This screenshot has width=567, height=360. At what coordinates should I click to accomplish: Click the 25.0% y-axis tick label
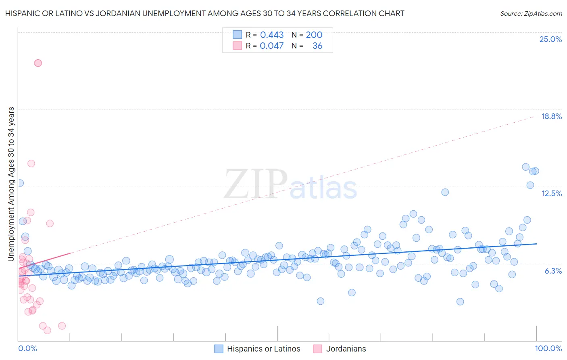point(550,39)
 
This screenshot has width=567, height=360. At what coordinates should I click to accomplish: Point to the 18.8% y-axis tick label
point(551,116)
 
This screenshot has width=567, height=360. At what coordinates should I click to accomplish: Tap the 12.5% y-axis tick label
point(551,193)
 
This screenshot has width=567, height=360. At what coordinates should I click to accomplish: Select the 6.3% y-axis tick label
point(553,271)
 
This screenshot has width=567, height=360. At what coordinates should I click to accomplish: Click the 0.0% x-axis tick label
point(27,348)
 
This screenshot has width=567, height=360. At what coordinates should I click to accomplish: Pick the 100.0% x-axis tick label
point(548,348)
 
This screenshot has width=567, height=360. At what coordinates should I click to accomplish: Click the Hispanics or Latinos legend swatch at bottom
point(219,349)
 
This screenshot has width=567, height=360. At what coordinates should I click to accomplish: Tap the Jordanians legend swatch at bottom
point(317,349)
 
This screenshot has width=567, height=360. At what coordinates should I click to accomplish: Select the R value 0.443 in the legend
point(272,35)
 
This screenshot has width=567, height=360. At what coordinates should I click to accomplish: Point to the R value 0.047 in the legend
point(272,46)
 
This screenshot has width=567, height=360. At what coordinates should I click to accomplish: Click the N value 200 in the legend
point(314,35)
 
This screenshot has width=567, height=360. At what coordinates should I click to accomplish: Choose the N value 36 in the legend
point(317,46)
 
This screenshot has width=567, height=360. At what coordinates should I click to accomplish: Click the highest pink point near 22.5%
point(38,63)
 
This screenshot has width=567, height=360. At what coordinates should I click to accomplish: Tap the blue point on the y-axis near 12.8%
point(19,183)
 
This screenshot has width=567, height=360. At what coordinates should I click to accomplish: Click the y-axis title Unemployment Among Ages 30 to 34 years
point(11,184)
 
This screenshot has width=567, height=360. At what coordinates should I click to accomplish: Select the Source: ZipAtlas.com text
point(531,13)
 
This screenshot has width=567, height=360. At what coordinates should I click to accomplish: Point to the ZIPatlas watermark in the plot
point(290,185)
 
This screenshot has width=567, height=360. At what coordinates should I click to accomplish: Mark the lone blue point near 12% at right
point(445,192)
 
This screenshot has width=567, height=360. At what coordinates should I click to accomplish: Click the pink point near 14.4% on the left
point(31,163)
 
